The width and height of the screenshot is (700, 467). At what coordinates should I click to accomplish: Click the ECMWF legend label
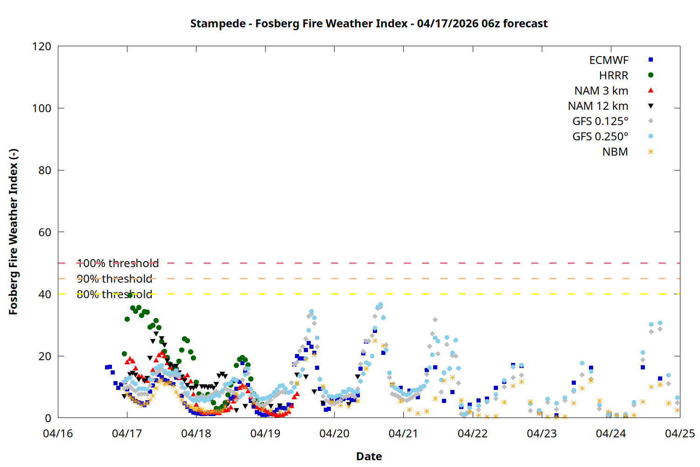click(609, 60)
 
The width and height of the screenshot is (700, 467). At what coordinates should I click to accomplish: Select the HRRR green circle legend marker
click(651, 75)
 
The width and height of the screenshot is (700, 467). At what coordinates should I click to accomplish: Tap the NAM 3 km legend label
click(601, 91)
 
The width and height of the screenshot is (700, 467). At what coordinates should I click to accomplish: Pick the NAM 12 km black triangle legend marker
click(651, 106)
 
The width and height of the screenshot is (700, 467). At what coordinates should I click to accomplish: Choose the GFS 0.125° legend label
click(600, 121)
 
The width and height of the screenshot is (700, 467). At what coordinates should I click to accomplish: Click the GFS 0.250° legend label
click(600, 137)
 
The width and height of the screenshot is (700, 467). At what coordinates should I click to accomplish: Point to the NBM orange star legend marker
click(651, 152)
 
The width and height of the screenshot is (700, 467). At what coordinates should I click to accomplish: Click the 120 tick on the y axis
click(42, 46)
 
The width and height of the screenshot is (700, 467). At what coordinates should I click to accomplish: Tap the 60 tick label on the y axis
click(45, 232)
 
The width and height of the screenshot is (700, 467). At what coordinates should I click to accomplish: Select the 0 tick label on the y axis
click(48, 418)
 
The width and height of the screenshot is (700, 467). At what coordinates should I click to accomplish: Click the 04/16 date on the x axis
click(58, 433)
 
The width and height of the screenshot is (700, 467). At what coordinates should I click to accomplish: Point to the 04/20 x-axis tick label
click(334, 433)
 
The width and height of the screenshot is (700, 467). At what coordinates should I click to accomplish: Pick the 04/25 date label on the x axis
click(680, 433)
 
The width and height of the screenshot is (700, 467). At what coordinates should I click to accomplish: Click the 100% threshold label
click(118, 263)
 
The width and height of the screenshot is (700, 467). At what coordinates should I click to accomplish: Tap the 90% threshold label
click(114, 279)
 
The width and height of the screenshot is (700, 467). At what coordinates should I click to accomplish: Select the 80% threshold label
click(114, 294)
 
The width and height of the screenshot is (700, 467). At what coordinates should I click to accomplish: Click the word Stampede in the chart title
click(217, 23)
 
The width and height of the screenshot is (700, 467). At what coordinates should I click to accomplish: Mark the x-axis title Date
click(369, 456)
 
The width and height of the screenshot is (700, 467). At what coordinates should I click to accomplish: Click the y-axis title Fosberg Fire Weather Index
click(13, 232)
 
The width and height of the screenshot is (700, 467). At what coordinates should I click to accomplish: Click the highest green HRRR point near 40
click(130, 295)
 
